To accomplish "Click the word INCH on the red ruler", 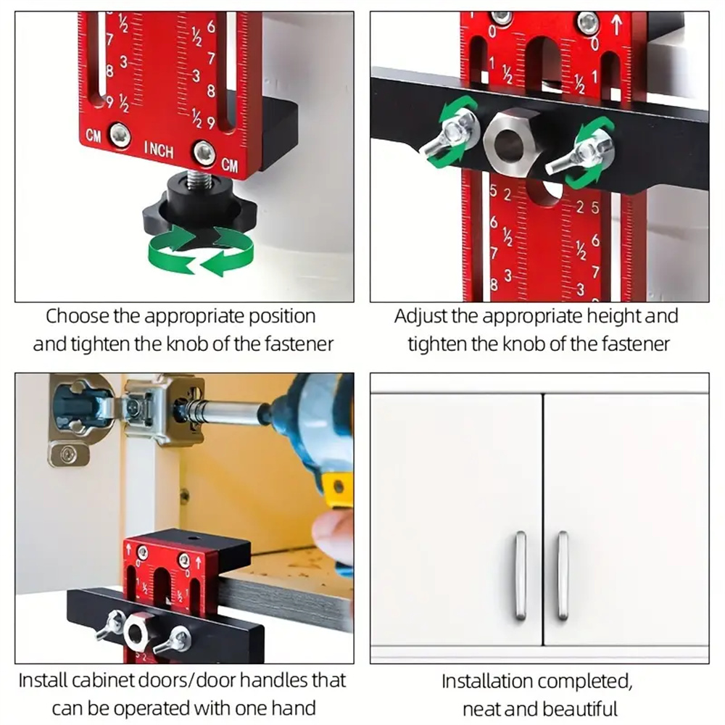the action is pyautogui.click(x=159, y=149).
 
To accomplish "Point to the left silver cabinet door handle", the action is pyautogui.click(x=520, y=576).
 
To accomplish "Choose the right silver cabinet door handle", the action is pyautogui.click(x=563, y=576).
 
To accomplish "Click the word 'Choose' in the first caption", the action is pyautogui.click(x=78, y=317).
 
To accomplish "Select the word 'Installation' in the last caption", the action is pyautogui.click(x=487, y=681).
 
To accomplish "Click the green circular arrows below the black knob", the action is pyautogui.click(x=201, y=249).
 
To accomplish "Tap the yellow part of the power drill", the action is pyautogui.click(x=338, y=490).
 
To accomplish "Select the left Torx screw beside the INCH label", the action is pyautogui.click(x=120, y=136).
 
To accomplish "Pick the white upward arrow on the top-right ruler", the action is pyautogui.click(x=617, y=25).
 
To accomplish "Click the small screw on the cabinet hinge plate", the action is pyautogui.click(x=69, y=454).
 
